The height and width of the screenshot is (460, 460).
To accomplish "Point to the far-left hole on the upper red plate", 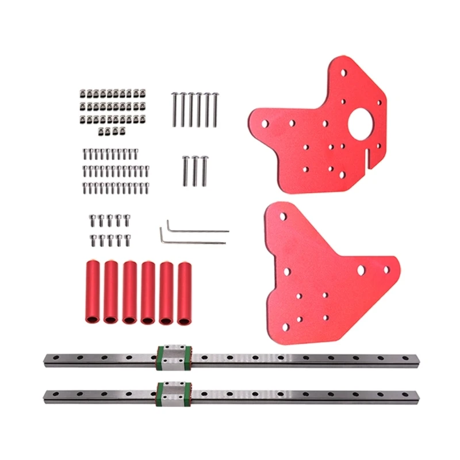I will coord(264,123).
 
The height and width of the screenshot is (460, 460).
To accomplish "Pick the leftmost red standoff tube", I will coord(92,292).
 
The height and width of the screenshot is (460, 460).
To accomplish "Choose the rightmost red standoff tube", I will coord(185,292).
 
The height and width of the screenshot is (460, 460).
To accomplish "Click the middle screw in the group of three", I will coord(195,171).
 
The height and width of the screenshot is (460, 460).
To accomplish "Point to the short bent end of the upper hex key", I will coord(168,224).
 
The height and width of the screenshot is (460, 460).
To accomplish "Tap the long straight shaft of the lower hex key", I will coord(195,242).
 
